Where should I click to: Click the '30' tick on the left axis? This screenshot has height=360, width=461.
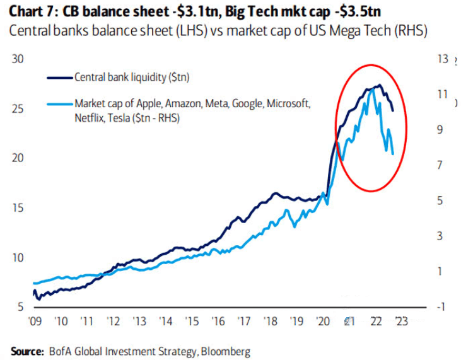pyautogui.click(x=18, y=59)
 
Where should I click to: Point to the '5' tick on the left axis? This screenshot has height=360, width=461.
pyautogui.click(x=21, y=306)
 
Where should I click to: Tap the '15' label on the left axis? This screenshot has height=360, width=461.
pyautogui.click(x=18, y=207)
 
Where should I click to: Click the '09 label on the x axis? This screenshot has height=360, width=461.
pyautogui.click(x=35, y=321)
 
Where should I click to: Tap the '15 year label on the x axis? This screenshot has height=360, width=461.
pyautogui.click(x=192, y=321)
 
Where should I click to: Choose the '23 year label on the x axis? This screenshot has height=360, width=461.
pyautogui.click(x=400, y=321)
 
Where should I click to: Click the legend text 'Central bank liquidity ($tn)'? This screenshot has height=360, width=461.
pyautogui.click(x=132, y=78)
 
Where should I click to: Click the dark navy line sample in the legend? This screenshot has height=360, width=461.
pyautogui.click(x=60, y=78)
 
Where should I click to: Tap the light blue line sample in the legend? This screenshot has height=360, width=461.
pyautogui.click(x=60, y=103)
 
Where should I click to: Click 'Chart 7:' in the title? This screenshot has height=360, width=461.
pyautogui.click(x=32, y=11)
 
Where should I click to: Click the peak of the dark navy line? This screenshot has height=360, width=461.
pyautogui.click(x=378, y=85)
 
